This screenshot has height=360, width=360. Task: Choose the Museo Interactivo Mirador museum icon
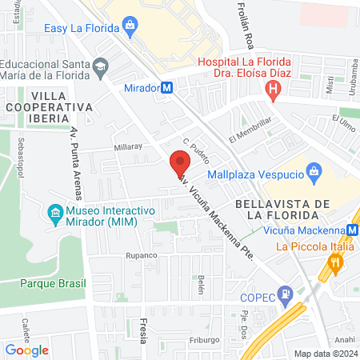point(55,213)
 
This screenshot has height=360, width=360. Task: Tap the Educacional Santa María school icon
point(100,65)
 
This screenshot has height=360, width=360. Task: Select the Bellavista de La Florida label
point(276,210)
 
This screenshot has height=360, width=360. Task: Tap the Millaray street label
point(128,147)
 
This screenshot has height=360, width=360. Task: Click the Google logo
point(27,350)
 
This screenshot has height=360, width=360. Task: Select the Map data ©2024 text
point(324,354)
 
